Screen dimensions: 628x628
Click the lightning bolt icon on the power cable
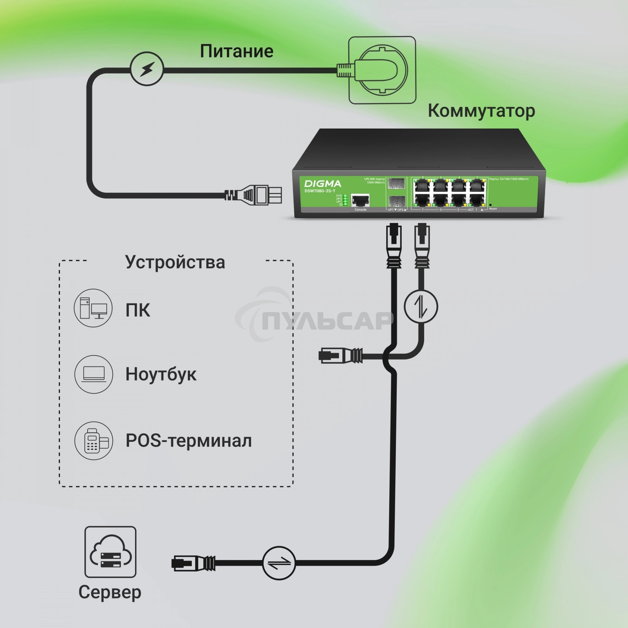click(x=147, y=69)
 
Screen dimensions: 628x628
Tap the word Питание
click(x=236, y=51)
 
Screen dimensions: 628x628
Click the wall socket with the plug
click(x=382, y=70)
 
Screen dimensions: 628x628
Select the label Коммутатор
click(x=481, y=111)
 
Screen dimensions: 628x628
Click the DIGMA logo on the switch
click(x=322, y=184)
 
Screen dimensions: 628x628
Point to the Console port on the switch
click(x=360, y=201)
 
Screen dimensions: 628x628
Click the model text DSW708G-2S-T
click(x=320, y=191)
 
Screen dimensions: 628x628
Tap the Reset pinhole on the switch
click(x=490, y=205)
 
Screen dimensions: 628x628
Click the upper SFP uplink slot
click(x=396, y=183)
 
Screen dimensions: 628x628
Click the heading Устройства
click(x=175, y=262)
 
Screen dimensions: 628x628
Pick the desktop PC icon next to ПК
click(x=93, y=308)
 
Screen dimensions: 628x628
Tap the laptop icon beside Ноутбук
click(x=94, y=374)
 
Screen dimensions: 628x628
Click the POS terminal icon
click(x=94, y=441)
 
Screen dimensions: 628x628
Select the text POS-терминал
click(x=188, y=441)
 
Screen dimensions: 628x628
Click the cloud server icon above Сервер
click(x=110, y=552)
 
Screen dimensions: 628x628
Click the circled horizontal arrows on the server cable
click(x=279, y=563)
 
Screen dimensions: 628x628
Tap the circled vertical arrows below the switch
click(x=421, y=306)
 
